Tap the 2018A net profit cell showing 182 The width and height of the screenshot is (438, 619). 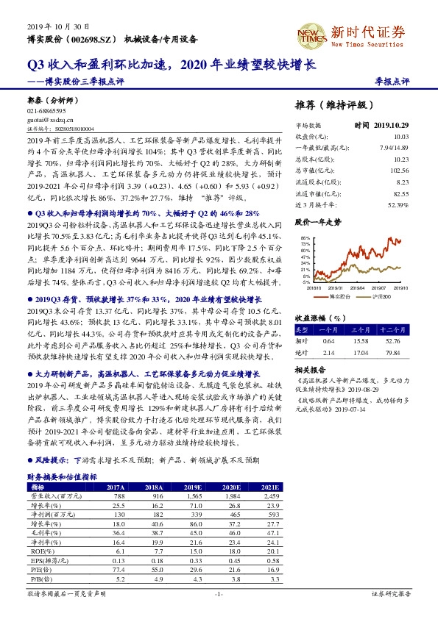154,515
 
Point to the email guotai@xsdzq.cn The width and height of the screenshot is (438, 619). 49,118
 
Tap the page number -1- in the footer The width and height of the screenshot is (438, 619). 218,593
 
